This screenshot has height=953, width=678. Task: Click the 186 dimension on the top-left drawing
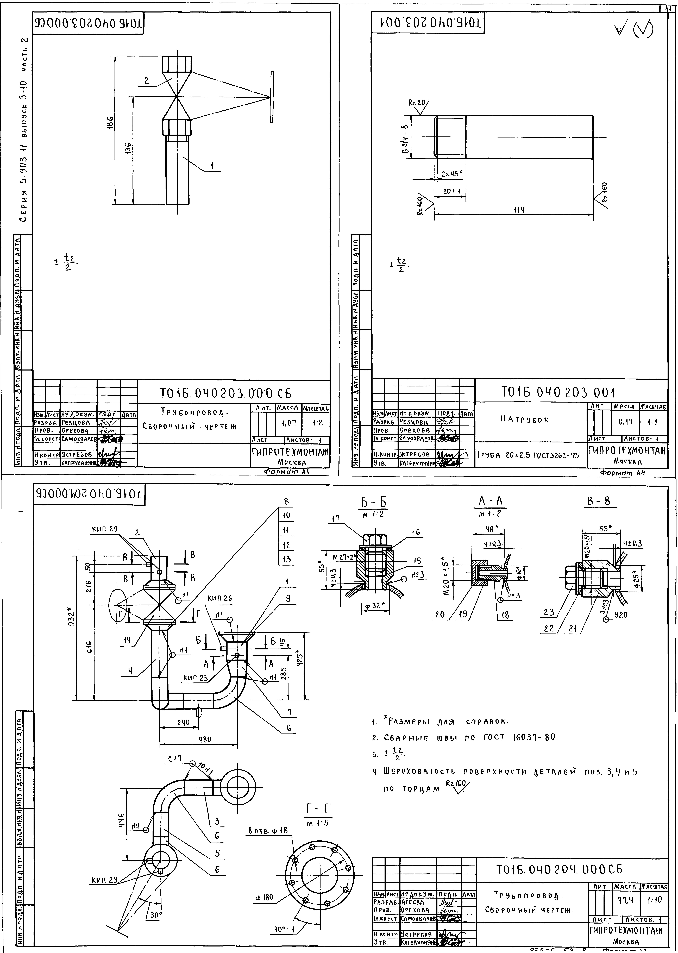click(x=110, y=123)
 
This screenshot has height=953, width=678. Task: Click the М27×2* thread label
click(x=343, y=558)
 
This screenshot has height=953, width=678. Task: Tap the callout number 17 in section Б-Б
click(x=336, y=518)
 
